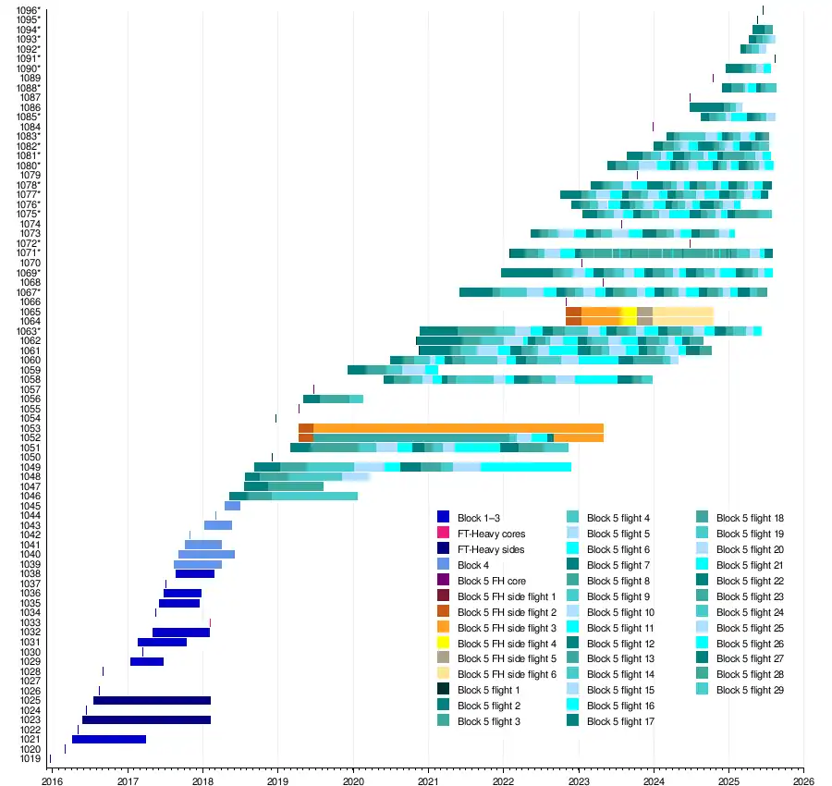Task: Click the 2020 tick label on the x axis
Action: tap(353, 779)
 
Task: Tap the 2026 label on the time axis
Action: tap(803, 779)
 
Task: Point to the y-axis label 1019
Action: tap(30, 758)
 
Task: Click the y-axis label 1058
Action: tap(30, 379)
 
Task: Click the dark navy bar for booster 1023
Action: tap(146, 719)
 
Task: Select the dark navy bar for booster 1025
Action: tap(152, 700)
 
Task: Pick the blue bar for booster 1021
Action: tap(109, 739)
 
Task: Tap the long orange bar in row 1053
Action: tap(458, 428)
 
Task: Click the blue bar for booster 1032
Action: tap(181, 632)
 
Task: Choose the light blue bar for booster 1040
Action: tap(206, 555)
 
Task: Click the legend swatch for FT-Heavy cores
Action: tap(443, 534)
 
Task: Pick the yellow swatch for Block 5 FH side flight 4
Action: tap(443, 643)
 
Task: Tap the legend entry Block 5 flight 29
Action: tap(750, 690)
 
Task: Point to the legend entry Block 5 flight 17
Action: tap(620, 721)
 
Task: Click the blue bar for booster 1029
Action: tap(147, 661)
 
